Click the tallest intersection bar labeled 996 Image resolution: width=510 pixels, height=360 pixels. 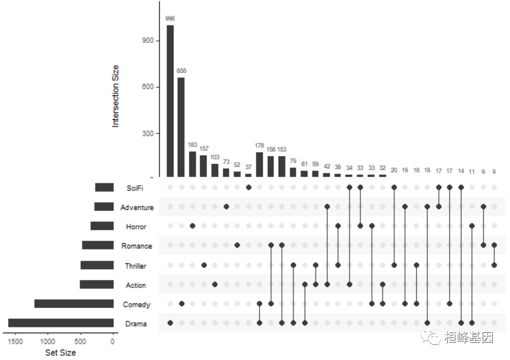click(170, 101)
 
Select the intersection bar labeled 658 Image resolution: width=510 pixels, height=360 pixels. click(181, 127)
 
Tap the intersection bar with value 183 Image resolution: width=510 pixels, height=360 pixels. click(192, 164)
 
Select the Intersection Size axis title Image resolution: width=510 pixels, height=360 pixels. click(115, 96)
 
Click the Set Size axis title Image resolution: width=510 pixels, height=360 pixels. click(60, 352)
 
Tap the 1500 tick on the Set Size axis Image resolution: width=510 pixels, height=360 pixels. click(15, 341)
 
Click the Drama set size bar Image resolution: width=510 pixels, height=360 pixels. click(61, 323)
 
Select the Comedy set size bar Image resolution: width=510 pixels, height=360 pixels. click(74, 304)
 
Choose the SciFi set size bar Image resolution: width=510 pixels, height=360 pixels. click(104, 188)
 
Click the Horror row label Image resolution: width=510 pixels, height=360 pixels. click(136, 227)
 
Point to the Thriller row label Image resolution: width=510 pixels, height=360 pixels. click(135, 266)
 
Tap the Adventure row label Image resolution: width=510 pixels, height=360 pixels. click(137, 207)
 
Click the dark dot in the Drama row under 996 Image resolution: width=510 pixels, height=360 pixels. click(170, 323)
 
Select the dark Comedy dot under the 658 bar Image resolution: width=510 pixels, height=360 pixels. click(181, 304)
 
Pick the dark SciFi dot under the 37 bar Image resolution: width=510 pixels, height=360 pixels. click(248, 187)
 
